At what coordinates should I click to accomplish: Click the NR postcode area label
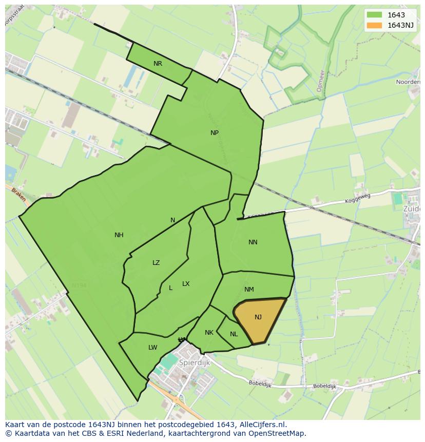click(x=158, y=64)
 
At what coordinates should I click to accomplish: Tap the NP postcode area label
click(x=215, y=132)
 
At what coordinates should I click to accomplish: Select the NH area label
click(x=119, y=235)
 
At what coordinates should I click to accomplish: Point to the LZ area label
click(x=156, y=263)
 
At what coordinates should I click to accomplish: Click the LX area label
click(x=186, y=284)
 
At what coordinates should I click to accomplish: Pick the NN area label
click(x=253, y=242)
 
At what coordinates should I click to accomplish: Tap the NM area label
click(x=249, y=290)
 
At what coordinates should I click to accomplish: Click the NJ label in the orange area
click(x=258, y=317)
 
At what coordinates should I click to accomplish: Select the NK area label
click(x=209, y=333)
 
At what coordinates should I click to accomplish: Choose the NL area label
click(x=234, y=334)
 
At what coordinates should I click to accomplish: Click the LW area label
click(x=152, y=348)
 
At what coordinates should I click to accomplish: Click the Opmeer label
click(x=321, y=81)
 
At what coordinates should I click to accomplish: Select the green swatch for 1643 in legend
click(x=374, y=15)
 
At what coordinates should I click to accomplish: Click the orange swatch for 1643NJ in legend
click(x=374, y=25)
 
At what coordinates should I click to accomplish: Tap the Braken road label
click(x=18, y=194)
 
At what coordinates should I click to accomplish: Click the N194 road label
click(x=79, y=285)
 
